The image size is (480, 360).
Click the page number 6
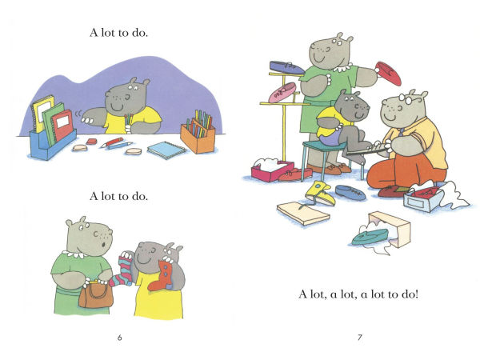pyautogui.click(x=120, y=338)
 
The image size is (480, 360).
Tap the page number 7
pyautogui.click(x=360, y=338)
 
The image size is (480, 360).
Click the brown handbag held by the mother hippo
pyautogui.click(x=96, y=294)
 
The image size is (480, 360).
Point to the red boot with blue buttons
pyautogui.click(x=161, y=275)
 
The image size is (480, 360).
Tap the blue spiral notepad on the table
pyautogui.click(x=166, y=150)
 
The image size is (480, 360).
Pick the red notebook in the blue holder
pyautogui.click(x=62, y=125)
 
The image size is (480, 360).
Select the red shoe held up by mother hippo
pyautogui.click(x=388, y=74)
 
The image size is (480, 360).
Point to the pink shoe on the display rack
pyautogui.click(x=282, y=92)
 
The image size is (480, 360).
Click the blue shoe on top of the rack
pyautogui.click(x=286, y=68)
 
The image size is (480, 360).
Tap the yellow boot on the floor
pyautogui.click(x=320, y=193)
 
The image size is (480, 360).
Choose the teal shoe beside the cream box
pyautogui.click(x=370, y=237)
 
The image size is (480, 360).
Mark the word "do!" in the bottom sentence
pyautogui.click(x=410, y=294)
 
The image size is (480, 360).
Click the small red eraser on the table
pyautogui.click(x=91, y=141)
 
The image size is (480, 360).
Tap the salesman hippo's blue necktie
pyautogui.click(x=402, y=132)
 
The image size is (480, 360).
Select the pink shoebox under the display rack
pyautogui.click(x=271, y=171)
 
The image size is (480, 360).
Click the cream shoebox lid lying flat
pyautogui.click(x=303, y=213)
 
